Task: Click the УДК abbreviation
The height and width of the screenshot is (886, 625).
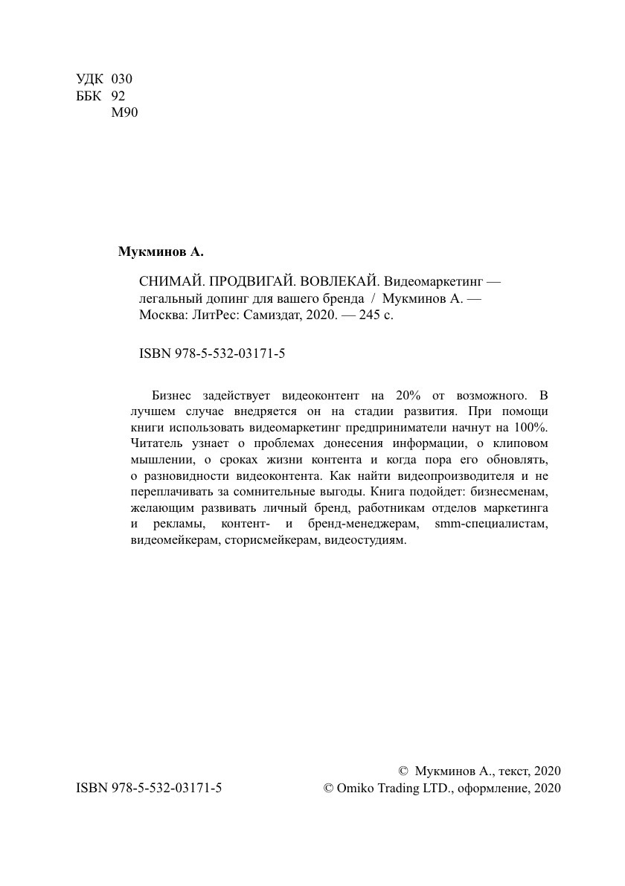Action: (x=90, y=79)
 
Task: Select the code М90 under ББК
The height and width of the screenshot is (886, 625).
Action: (x=124, y=113)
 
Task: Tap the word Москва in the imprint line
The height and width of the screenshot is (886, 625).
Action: (x=161, y=315)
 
